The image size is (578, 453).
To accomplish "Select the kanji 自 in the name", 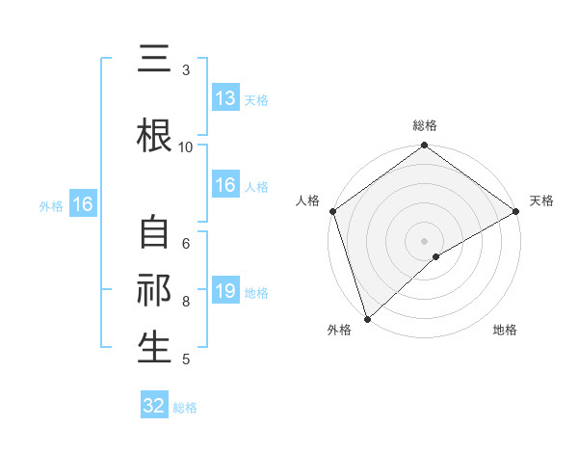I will coord(154,234).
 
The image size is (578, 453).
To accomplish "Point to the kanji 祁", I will coord(154,291).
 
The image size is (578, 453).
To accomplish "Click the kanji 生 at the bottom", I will coord(154,347).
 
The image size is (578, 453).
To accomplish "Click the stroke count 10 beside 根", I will coord(186,147).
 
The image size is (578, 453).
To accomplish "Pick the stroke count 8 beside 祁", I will coord(186,301).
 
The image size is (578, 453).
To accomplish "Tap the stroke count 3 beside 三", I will coord(186,70).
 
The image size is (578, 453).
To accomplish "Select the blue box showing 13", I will coord(225,98).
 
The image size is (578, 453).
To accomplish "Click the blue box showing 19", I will coord(225,291).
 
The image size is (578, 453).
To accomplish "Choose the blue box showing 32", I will coord(154,406).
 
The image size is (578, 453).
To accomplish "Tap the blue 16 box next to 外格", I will coord(82,204).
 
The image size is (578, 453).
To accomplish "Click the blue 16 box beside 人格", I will coord(225,186).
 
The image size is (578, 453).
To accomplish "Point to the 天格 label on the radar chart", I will coord(541,200).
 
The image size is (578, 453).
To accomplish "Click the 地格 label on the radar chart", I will coord(505,330).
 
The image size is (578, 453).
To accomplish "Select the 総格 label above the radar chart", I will coord(425,125).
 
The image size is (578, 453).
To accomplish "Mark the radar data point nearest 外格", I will coord(366,318).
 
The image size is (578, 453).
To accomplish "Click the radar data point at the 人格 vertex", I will coord(331,211).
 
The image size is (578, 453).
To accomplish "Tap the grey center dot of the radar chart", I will coord(424,240).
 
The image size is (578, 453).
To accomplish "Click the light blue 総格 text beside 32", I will coord(185,408).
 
